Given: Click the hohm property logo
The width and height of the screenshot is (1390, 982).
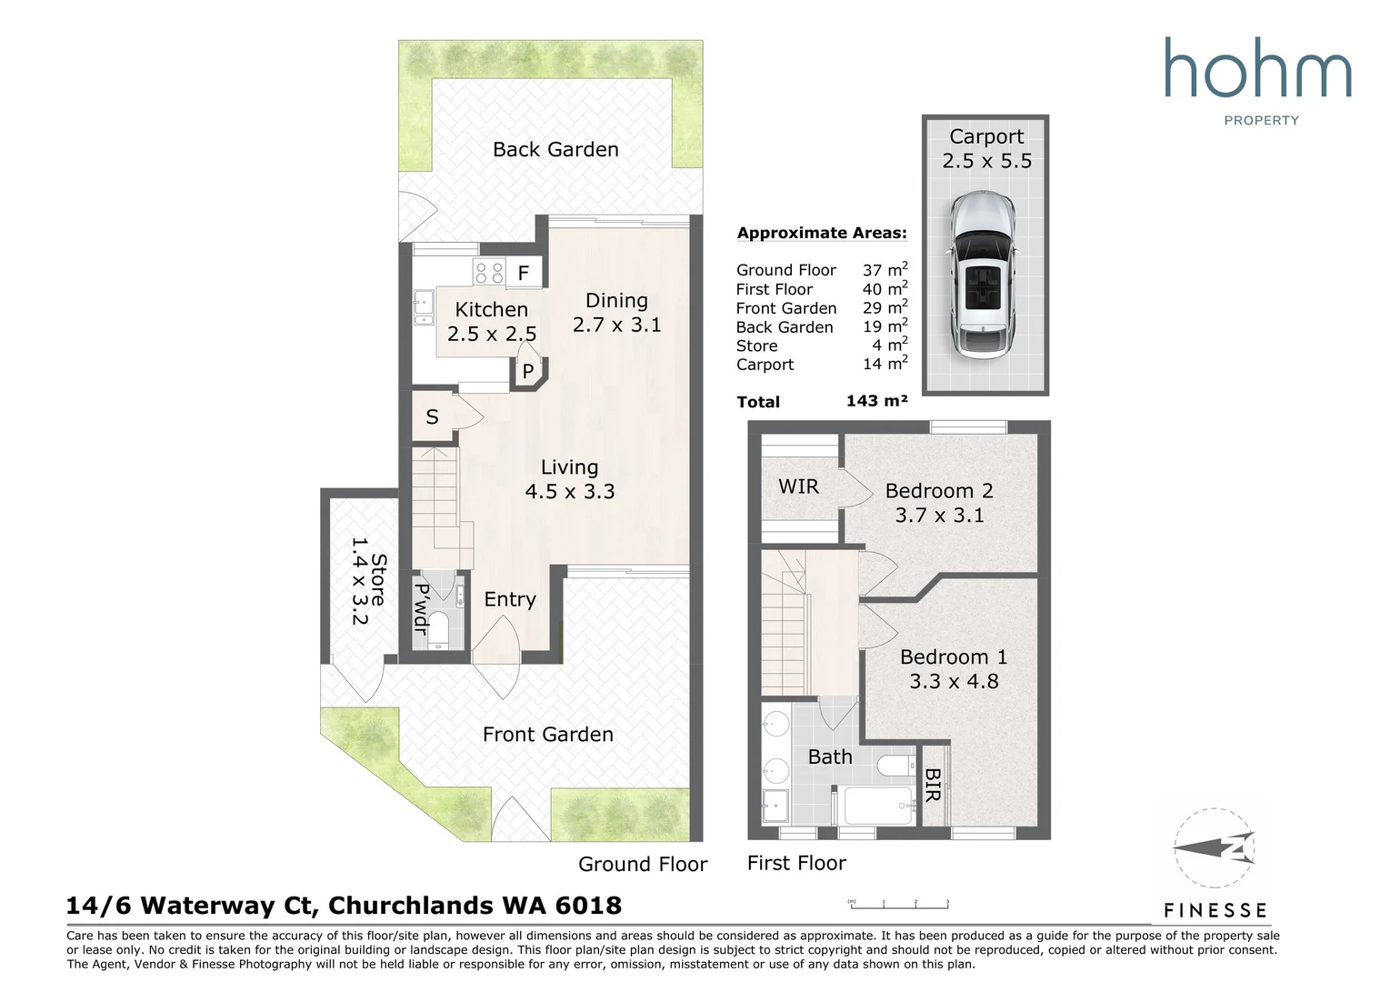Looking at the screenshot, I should click(x=1258, y=80).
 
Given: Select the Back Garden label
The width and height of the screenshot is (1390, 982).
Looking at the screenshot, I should click(x=555, y=150).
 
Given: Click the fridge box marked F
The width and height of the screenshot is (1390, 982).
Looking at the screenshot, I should click(x=524, y=273).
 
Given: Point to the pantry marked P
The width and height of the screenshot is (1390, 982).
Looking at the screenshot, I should click(x=527, y=371).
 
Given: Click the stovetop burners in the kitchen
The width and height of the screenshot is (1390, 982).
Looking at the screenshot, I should click(x=490, y=273).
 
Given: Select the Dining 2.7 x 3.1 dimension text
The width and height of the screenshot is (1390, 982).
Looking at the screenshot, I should click(x=616, y=325).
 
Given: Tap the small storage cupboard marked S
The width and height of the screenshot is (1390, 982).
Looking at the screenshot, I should click(x=433, y=417).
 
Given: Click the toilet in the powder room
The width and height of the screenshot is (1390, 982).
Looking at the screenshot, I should click(x=438, y=628).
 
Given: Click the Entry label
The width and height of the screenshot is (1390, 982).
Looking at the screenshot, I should click(x=509, y=599).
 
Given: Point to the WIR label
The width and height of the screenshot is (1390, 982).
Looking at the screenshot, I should click(x=798, y=486).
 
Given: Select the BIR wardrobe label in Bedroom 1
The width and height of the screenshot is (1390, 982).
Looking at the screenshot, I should click(x=932, y=785).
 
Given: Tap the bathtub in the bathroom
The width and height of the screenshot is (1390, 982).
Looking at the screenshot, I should click(x=878, y=806).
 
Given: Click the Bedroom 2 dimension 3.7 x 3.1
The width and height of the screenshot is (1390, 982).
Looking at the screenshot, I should click(x=939, y=516).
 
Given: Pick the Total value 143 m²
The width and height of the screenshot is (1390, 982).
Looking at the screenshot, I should click(x=876, y=401).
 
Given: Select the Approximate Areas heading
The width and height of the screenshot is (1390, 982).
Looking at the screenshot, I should click(x=822, y=233).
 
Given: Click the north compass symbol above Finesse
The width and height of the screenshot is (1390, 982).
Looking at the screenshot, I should click(x=1214, y=849).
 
